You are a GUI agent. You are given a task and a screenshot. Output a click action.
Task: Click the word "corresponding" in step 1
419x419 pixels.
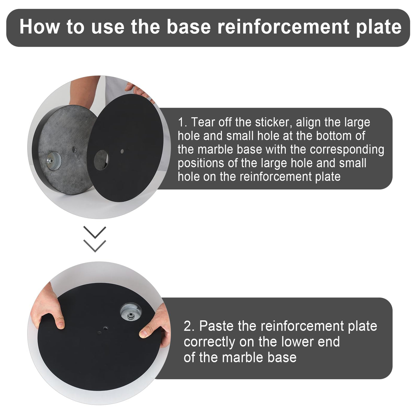click(x=347, y=150)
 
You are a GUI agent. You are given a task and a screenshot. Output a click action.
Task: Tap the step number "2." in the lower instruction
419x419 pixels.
click(x=190, y=326)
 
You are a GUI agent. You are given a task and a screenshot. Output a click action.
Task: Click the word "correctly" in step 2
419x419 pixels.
click(x=209, y=342)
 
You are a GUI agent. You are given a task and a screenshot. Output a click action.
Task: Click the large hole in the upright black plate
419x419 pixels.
click(x=101, y=160)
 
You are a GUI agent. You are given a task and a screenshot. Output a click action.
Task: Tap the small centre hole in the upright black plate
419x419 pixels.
click(x=122, y=151)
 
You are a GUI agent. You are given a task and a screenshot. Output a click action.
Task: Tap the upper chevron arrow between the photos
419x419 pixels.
click(x=95, y=233)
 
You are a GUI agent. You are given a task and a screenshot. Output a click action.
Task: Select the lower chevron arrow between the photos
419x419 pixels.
click(x=95, y=246)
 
